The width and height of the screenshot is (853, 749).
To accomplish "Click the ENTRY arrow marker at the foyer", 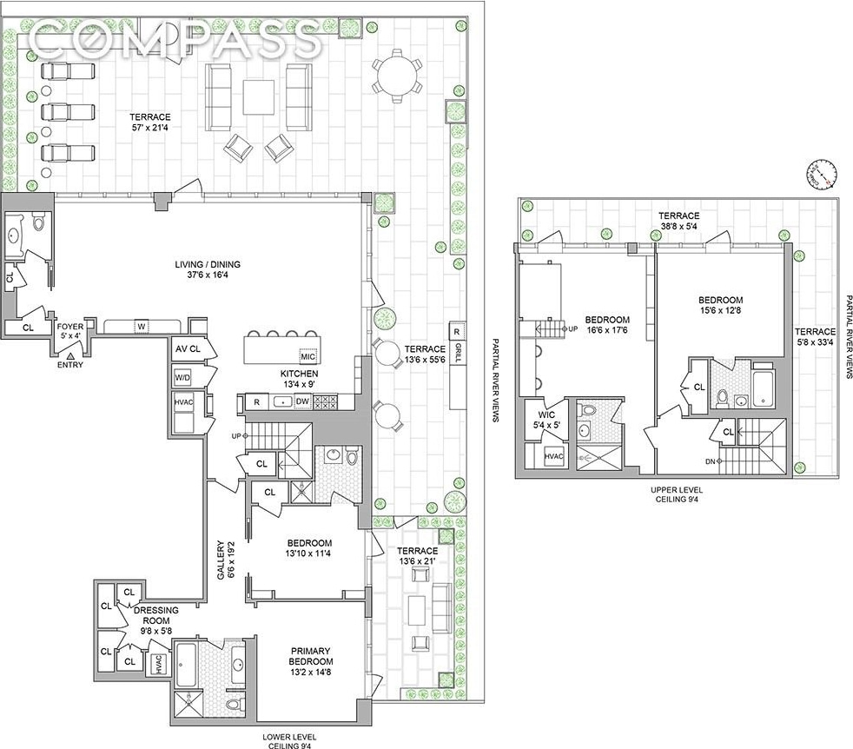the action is [x=69, y=355].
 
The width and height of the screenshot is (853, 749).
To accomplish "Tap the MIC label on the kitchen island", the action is [x=307, y=356].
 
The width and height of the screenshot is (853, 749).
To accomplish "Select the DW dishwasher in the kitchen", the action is [x=302, y=401].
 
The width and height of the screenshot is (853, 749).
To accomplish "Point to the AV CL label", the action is [x=188, y=348].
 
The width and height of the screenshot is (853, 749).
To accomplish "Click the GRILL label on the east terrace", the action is [x=458, y=353].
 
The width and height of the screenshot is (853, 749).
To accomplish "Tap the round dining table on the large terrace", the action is [x=397, y=76].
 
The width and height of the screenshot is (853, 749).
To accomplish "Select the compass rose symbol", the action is [x=820, y=174].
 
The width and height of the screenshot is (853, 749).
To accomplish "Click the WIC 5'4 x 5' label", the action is [x=546, y=420].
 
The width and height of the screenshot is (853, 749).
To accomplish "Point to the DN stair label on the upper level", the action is [x=710, y=461].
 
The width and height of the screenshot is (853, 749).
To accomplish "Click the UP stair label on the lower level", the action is [x=235, y=436].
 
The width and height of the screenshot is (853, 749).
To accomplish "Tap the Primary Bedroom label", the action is [x=311, y=661].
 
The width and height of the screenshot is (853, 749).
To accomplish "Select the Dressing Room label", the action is [x=156, y=620].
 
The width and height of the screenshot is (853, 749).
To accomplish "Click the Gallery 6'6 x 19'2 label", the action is [x=225, y=560].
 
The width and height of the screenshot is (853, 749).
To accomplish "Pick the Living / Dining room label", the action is [x=208, y=269].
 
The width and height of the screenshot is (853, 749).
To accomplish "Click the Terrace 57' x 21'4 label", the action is [x=150, y=123].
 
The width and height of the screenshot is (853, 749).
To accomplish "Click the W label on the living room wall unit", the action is [x=142, y=327].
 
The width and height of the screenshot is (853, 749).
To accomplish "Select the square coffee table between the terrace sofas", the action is [x=258, y=97].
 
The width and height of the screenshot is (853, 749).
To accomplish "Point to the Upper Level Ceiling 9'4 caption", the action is [x=676, y=494].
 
